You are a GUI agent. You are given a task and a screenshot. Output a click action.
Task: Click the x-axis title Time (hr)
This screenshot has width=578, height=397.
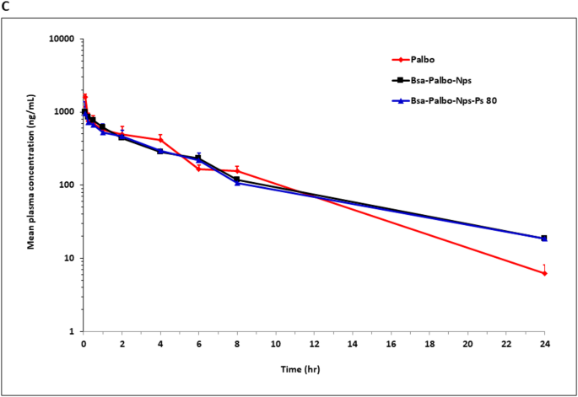pyautogui.click(x=313, y=369)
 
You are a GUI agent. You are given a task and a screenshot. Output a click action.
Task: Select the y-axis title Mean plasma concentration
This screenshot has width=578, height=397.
pyautogui.click(x=30, y=185)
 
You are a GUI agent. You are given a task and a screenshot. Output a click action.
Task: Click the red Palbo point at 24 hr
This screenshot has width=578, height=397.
pyautogui.click(x=544, y=273)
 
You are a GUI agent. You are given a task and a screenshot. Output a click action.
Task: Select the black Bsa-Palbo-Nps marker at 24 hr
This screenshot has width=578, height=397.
pyautogui.click(x=544, y=238)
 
